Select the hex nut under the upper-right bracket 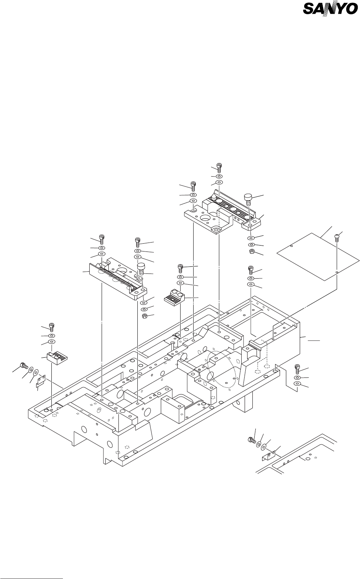[251, 252]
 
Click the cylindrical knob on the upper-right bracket [248, 199]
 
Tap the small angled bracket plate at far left [41, 381]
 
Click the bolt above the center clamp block [181, 268]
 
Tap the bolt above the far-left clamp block [52, 328]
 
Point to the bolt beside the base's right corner [297, 368]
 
